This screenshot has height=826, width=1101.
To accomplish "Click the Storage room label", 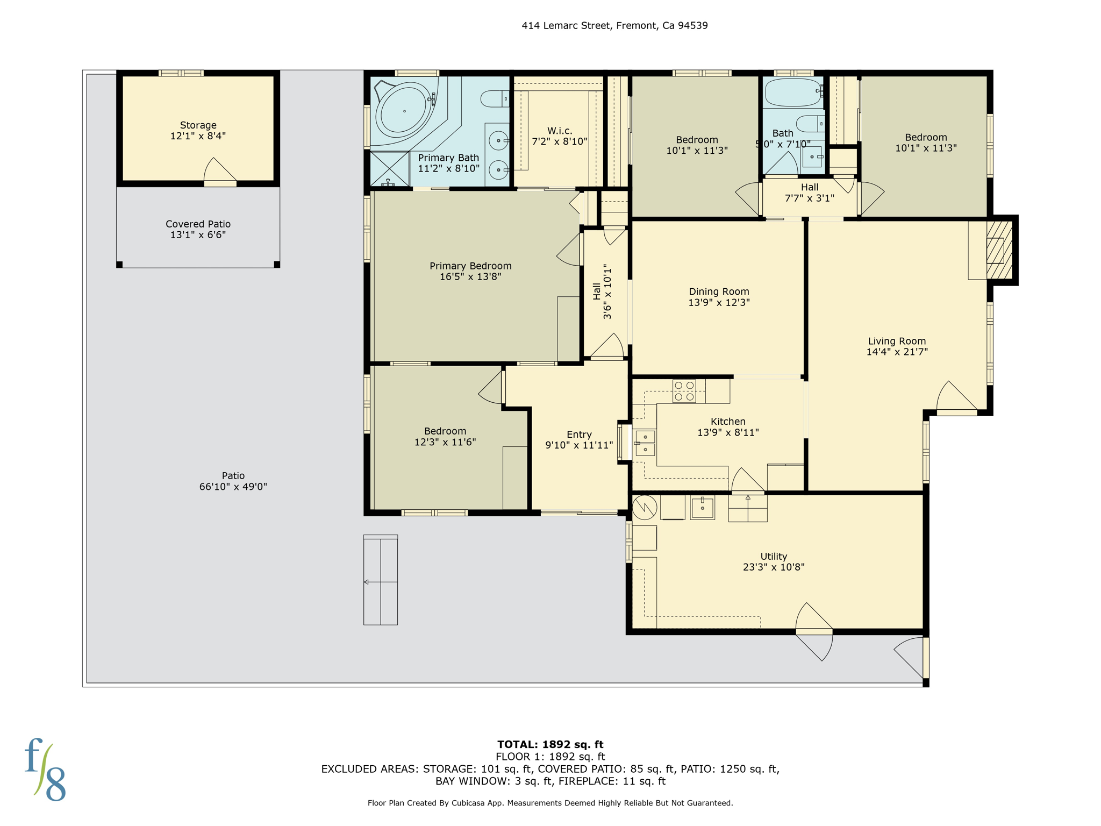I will point(198,125).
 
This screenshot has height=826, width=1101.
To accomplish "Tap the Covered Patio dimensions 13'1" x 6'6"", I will point(198,235).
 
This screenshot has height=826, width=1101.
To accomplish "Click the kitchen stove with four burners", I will point(684,391).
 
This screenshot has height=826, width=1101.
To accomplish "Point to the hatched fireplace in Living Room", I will point(999,250).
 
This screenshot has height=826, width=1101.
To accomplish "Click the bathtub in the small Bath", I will point(792,92).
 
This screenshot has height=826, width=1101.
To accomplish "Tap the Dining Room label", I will point(719,291).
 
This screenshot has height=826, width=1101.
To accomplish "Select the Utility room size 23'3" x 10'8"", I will point(774,567).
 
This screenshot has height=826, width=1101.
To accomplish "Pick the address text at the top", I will point(614,25).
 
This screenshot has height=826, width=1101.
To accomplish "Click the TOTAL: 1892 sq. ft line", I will point(550,745).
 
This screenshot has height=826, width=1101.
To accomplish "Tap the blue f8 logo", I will point(45,770).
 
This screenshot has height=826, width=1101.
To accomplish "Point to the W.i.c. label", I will point(560,131).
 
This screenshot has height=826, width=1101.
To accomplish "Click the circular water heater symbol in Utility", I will point(644,507).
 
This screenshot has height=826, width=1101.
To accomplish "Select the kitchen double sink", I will point(645,443).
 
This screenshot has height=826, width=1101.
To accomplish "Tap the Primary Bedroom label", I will point(470,266).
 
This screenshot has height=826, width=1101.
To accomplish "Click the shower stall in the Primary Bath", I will point(389,169).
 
